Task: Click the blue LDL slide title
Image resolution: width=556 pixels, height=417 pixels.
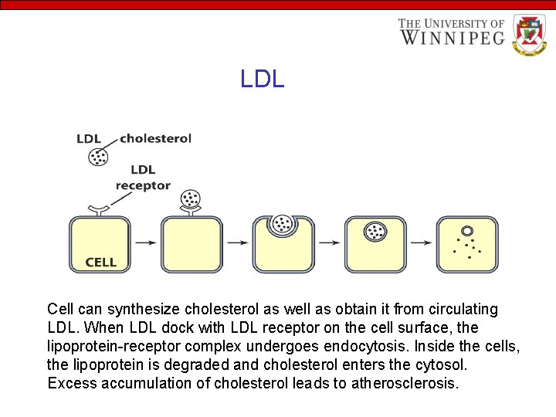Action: tap(263, 79)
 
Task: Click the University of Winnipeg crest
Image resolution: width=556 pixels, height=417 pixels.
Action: tap(529, 35)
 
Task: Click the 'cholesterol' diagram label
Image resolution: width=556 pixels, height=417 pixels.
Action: tap(155, 139)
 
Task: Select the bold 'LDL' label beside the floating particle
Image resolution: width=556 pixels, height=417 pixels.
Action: tap(89, 139)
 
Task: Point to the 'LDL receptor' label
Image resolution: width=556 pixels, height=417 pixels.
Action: tap(143, 178)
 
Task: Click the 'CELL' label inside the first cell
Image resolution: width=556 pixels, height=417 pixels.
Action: tap(101, 263)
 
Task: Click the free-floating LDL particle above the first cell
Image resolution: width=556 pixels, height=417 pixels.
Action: tap(98, 158)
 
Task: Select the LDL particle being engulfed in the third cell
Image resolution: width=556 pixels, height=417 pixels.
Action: tap(283, 224)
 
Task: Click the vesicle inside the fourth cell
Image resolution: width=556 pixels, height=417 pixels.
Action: tap(376, 231)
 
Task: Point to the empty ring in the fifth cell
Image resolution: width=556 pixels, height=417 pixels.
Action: tap(467, 231)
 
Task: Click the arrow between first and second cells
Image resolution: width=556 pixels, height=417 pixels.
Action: tap(144, 242)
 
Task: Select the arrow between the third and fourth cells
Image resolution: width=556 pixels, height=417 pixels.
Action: tap(329, 242)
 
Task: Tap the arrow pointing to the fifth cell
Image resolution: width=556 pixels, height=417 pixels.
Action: tap(421, 242)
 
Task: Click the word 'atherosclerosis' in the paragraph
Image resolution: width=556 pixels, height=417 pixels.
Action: tap(405, 383)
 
